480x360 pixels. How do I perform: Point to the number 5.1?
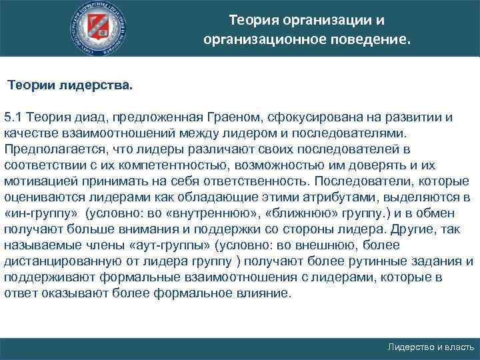point(13,117)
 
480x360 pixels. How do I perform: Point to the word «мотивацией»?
point(36,181)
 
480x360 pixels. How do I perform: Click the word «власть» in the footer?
point(458,348)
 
